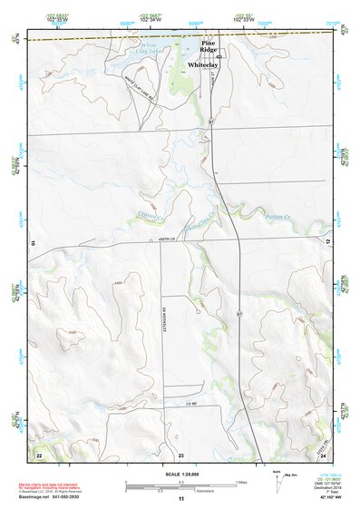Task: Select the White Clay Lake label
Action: (148, 48)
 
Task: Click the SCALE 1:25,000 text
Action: (181, 474)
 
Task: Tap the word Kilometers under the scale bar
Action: (187, 495)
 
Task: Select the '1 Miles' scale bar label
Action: (240, 482)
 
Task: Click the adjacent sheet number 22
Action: (38, 453)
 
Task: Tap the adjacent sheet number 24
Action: (323, 454)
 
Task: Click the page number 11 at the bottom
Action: (180, 500)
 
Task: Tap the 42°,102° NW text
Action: (330, 500)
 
